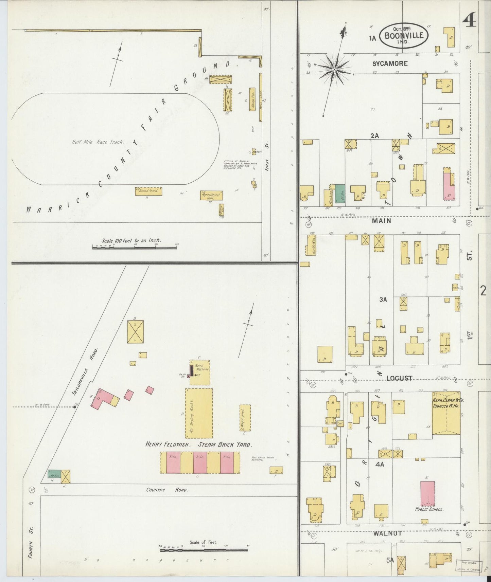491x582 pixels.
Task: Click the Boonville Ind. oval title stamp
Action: pos(403,35)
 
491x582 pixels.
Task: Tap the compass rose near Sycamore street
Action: pos(334,69)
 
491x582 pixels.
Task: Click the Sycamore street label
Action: pos(389,63)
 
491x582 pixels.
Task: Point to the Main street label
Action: pos(381,221)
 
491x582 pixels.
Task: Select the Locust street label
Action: pos(399,378)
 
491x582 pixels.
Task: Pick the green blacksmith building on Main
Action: pos(340,194)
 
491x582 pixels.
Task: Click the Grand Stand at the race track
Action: pos(148,191)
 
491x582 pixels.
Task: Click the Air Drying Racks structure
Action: pos(199,413)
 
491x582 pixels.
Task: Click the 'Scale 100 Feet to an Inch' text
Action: pos(131,240)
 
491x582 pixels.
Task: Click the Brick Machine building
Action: pos(199,372)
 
